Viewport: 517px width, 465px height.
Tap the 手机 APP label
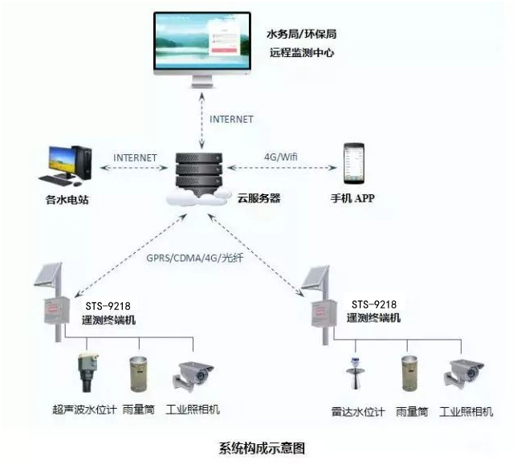pyautogui.click(x=353, y=198)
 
